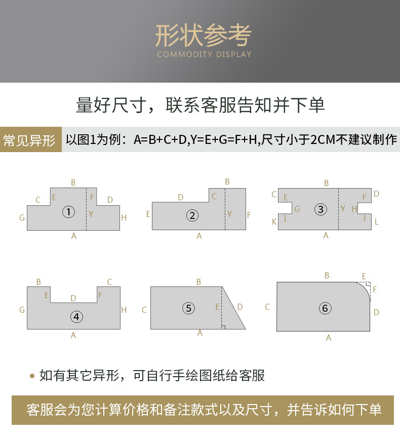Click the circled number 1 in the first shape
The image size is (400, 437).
[x=68, y=212]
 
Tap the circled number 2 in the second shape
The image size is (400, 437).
[x=192, y=215]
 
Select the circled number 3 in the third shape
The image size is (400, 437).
[x=321, y=209]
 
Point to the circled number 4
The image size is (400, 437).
[x=76, y=317]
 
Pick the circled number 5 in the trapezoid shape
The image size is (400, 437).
[x=188, y=308]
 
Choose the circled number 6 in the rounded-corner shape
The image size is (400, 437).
[x=325, y=308]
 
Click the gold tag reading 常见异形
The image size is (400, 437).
[x=30, y=139]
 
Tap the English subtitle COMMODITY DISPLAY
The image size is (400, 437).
[x=204, y=54]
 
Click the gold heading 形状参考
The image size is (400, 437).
[x=204, y=35]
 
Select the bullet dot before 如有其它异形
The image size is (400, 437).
[x=32, y=376]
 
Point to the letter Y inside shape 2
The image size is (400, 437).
[x=229, y=214]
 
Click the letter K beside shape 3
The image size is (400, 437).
[x=274, y=222]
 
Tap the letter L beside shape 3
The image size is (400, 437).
[x=376, y=222]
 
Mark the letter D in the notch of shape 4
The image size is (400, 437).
[x=73, y=298]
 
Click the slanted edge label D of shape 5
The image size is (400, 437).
[x=240, y=307]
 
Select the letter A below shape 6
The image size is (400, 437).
[x=329, y=338]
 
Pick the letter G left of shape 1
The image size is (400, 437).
[x=22, y=217]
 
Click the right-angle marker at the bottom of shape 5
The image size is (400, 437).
[x=223, y=327]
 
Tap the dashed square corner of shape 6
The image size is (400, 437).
[x=368, y=285]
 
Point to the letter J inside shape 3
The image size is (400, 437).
[x=364, y=217]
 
